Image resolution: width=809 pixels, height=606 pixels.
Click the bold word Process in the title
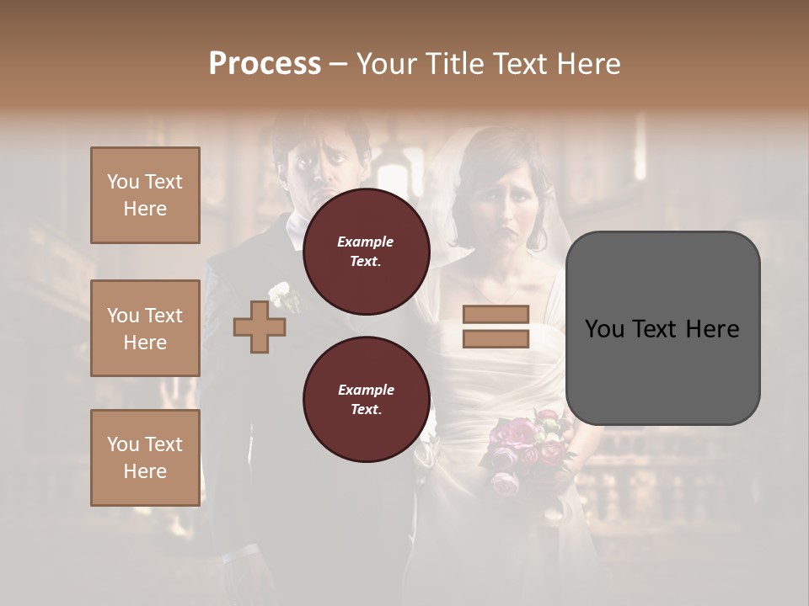click(x=265, y=64)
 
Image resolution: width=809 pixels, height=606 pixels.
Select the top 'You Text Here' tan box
click(x=145, y=195)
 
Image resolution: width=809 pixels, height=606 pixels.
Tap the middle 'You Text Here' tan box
click(x=145, y=328)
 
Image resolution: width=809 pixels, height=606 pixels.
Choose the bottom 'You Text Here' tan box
click(x=145, y=458)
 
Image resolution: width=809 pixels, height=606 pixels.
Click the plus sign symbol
click(x=260, y=327)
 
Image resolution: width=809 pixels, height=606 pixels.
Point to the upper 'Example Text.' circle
click(x=366, y=251)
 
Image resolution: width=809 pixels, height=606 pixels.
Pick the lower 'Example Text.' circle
click(x=366, y=399)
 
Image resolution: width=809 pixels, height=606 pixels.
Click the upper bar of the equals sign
click(x=496, y=315)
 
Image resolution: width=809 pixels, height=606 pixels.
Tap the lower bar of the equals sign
click(x=496, y=339)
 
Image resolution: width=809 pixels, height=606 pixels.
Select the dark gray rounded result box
click(x=662, y=328)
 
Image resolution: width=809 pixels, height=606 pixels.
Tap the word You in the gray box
click(x=605, y=329)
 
